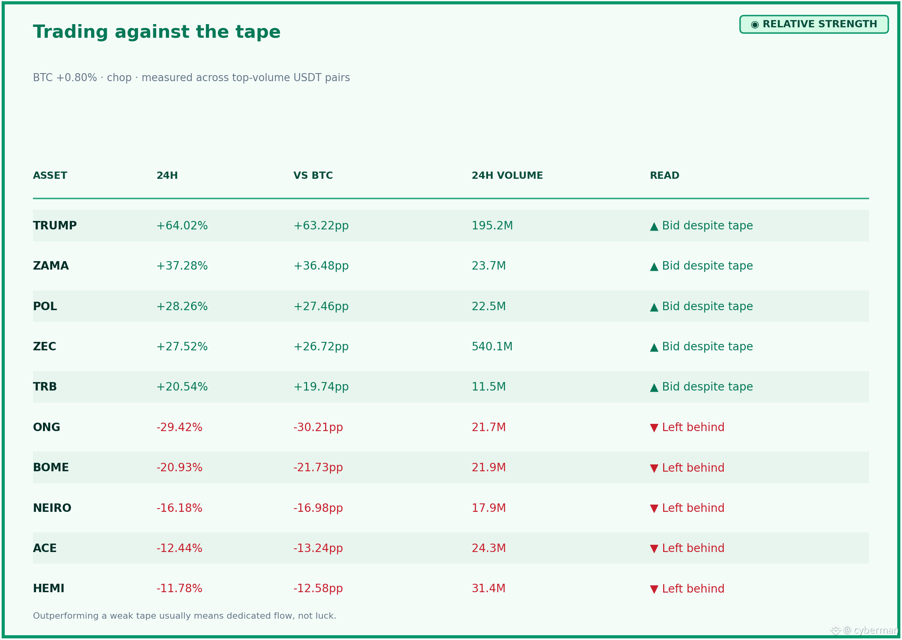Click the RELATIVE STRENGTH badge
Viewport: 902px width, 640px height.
pos(814,25)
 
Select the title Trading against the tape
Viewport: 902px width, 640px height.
pos(157,32)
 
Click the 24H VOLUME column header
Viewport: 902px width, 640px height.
pos(507,176)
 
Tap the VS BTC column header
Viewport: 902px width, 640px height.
pos(313,176)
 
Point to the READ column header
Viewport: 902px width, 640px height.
pos(664,176)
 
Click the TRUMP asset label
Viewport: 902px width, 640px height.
pos(55,226)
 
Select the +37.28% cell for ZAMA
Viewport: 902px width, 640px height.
pos(182,266)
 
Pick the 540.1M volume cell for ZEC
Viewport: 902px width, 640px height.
pos(492,346)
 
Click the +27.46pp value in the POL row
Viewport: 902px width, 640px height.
pos(321,307)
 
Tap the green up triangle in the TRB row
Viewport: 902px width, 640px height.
pos(654,387)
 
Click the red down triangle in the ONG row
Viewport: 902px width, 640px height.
pos(654,428)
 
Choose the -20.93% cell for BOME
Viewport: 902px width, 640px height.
pos(179,468)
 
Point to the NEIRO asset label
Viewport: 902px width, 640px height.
pos(52,508)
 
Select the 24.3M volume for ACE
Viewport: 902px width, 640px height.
pos(489,548)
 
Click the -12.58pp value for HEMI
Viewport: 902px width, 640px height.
pos(318,589)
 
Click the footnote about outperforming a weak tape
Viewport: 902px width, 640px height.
pos(185,616)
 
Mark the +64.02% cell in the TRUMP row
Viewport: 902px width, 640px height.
pos(182,226)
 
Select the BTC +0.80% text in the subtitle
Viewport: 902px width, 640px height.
pos(65,78)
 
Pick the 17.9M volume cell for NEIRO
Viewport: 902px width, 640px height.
pos(489,508)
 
